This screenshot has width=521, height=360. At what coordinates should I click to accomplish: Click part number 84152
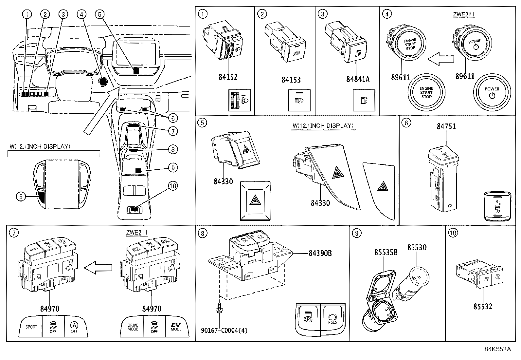[x=228, y=77]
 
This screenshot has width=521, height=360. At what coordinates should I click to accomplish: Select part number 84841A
[x=358, y=79]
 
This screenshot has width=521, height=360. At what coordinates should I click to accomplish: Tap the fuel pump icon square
[x=362, y=100]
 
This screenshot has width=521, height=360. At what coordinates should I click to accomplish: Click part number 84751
[x=446, y=126]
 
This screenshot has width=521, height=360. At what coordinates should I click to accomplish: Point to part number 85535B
[x=386, y=253]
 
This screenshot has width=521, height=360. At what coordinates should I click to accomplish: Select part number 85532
[x=482, y=306]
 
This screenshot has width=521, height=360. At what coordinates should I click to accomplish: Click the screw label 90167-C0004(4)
[x=224, y=330]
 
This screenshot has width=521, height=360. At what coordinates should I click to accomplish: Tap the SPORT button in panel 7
[x=31, y=327]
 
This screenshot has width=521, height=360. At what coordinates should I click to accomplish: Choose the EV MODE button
[x=176, y=327]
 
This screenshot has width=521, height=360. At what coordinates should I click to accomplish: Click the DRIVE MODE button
[x=133, y=327]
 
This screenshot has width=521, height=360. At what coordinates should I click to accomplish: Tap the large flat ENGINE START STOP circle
[x=426, y=92]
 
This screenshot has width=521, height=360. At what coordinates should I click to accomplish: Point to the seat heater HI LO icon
[x=497, y=206]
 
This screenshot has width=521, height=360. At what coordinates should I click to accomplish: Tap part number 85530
[x=417, y=248]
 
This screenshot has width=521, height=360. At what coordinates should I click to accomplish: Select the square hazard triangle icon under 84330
[x=255, y=201]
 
